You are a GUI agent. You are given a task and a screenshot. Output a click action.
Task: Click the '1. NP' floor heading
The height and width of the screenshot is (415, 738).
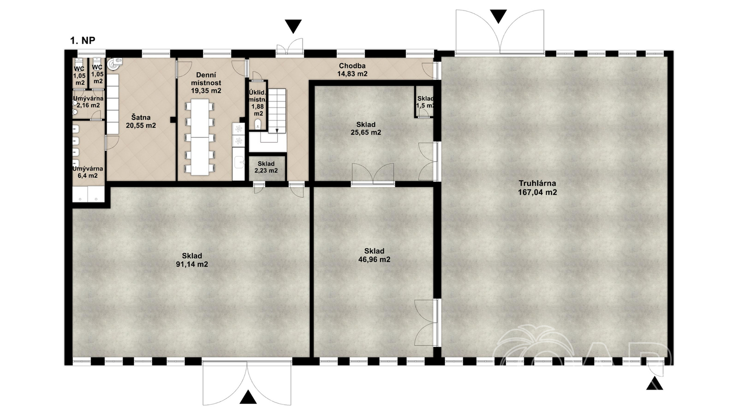click(x=83, y=41)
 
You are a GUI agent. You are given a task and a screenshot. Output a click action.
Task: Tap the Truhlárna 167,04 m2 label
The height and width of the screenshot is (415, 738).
click(x=537, y=188)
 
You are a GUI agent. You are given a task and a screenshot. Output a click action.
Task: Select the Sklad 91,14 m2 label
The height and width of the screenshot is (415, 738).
click(x=192, y=260)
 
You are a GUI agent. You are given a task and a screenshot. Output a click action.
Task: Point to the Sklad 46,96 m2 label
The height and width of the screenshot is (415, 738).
click(x=374, y=255)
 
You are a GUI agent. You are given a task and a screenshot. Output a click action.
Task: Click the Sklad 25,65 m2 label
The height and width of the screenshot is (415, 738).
click(x=366, y=129)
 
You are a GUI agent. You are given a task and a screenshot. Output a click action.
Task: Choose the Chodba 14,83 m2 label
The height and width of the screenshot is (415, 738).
click(x=352, y=70)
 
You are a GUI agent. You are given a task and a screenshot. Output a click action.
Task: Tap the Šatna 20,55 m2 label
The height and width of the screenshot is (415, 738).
click(x=141, y=121)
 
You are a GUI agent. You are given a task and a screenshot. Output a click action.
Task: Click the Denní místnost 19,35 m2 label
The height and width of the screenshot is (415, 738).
click(x=206, y=83)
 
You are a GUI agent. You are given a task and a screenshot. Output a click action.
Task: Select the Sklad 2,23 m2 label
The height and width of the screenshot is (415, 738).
click(x=266, y=167)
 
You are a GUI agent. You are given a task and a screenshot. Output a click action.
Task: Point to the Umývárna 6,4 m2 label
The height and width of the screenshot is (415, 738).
click(x=88, y=172)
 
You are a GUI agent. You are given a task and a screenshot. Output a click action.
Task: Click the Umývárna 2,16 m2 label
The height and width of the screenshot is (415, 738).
click(x=88, y=102)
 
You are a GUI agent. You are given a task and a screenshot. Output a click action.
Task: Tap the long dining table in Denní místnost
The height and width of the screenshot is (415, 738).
click(x=201, y=137)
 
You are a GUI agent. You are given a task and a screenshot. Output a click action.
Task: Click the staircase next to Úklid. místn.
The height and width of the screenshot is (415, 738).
click(x=277, y=111)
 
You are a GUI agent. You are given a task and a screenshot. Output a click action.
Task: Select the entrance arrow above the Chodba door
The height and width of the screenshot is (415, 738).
click(x=293, y=26)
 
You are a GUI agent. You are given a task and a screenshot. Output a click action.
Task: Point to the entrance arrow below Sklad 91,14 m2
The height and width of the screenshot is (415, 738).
click(x=248, y=397)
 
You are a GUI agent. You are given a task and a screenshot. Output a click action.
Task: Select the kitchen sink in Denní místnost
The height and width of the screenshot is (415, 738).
click(x=238, y=162)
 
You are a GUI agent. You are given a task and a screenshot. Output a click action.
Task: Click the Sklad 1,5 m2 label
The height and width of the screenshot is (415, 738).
click(x=425, y=102)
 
